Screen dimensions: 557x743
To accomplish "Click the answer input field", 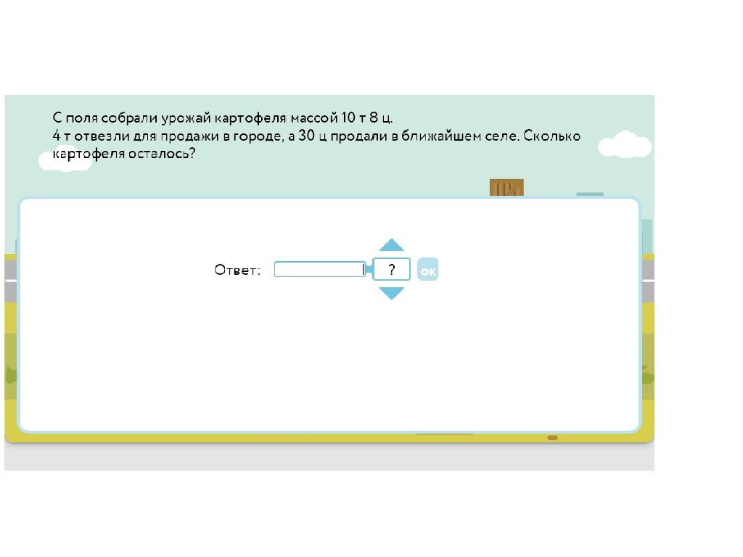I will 319,270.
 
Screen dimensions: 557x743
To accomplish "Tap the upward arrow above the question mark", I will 391,245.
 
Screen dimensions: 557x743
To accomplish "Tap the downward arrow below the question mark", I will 391,293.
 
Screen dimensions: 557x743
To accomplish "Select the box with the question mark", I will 391,270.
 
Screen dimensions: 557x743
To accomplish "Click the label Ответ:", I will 237,270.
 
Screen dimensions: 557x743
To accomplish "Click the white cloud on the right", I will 624,145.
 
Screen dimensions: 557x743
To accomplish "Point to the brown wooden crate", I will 506,188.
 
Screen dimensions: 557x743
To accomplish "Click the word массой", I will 314,117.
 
